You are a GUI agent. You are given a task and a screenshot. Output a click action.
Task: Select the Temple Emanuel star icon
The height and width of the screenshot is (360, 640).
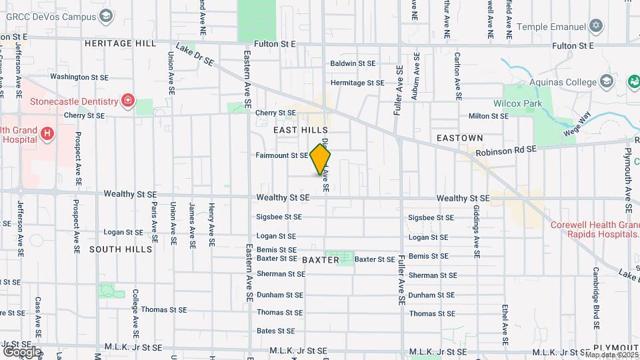(x=596, y=26)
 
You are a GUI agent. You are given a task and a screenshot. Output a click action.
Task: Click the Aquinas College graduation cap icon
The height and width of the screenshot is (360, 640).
(x=606, y=82)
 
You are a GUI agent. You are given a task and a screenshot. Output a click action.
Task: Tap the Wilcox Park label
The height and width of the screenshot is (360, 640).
(x=517, y=103)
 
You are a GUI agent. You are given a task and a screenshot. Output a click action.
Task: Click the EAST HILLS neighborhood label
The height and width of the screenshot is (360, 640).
(x=301, y=129)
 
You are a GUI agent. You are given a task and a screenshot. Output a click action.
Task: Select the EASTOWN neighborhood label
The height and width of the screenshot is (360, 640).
(x=459, y=137)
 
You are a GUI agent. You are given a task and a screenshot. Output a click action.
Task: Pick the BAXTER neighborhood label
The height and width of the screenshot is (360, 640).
(x=320, y=259)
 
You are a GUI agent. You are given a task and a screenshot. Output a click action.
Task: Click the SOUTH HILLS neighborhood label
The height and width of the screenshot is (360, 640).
(x=121, y=249)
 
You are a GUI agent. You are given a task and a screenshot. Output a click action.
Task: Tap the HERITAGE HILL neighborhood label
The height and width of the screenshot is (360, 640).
(x=120, y=43)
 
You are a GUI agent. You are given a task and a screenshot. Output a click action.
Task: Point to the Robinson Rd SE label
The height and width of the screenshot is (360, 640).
(x=506, y=151)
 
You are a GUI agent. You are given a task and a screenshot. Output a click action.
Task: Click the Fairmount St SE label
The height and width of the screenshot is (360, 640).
(x=281, y=155)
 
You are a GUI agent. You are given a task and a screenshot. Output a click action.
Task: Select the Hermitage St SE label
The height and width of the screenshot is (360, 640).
(x=357, y=83)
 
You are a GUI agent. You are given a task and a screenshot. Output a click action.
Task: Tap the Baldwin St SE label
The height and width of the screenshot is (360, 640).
(x=353, y=63)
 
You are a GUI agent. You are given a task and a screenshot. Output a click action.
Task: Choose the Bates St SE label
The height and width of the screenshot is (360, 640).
(x=275, y=331)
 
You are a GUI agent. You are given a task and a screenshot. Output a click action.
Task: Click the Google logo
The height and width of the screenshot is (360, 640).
(x=21, y=351)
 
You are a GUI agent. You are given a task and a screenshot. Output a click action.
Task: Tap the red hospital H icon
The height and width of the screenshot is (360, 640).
(x=47, y=134)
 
